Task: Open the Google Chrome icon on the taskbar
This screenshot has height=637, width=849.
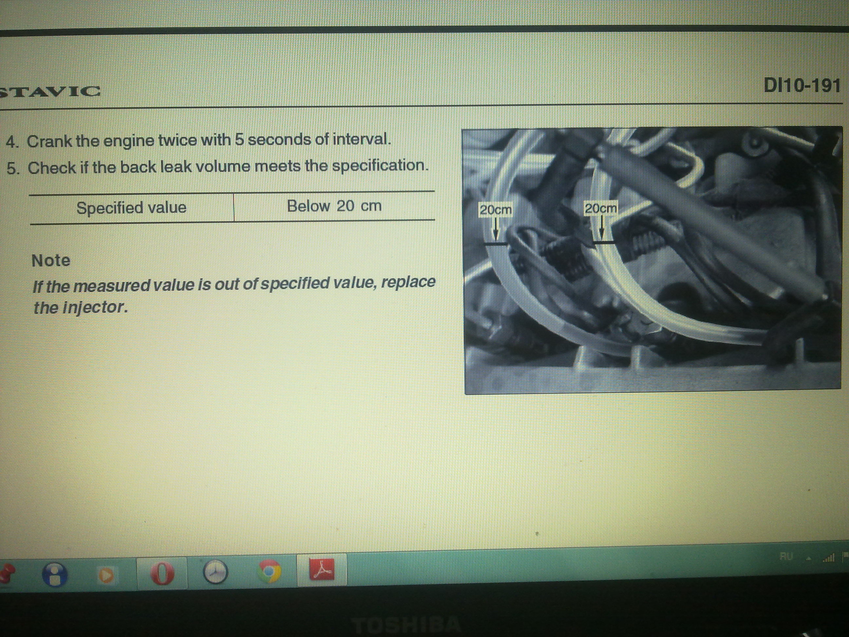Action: click(270, 571)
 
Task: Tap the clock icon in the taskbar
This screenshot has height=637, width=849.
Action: click(215, 572)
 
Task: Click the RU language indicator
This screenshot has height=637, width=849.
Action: click(786, 556)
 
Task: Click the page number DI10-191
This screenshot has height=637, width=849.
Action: click(802, 85)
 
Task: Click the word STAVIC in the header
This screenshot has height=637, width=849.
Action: click(50, 91)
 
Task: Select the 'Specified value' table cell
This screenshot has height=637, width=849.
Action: click(131, 208)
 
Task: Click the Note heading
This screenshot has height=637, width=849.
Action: click(51, 261)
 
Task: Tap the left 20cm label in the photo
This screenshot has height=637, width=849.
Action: click(496, 210)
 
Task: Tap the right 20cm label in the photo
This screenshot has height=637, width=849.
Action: click(601, 208)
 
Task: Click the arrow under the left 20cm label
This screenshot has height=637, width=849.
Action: click(496, 229)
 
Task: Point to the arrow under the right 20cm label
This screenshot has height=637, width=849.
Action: click(601, 227)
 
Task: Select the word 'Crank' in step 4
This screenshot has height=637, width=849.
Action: click(49, 141)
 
